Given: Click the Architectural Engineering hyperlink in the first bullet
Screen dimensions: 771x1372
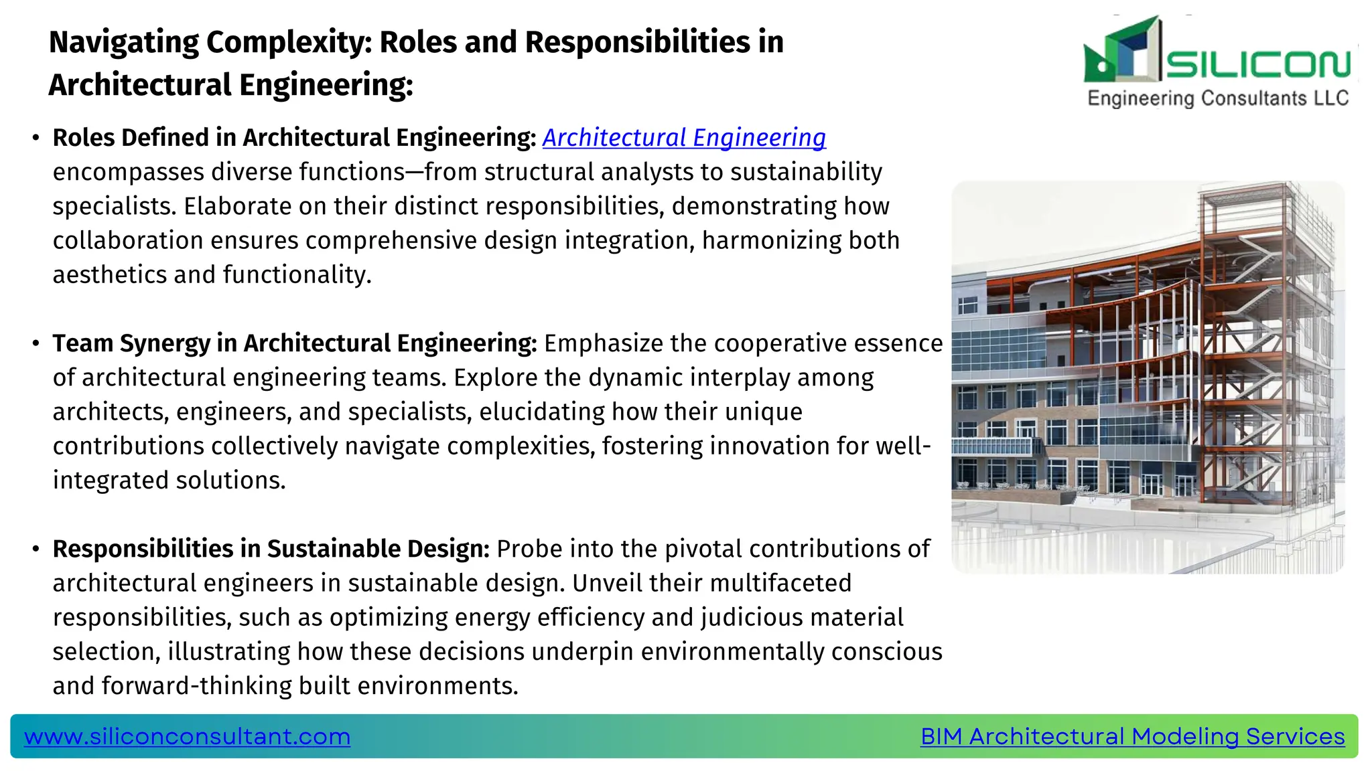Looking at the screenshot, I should [x=684, y=138].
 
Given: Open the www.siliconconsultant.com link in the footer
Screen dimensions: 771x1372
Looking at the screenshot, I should [x=187, y=736].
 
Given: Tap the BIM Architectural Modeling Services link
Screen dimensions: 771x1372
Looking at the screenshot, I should [x=1132, y=736].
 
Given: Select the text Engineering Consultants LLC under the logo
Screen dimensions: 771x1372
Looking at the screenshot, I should [x=1217, y=98].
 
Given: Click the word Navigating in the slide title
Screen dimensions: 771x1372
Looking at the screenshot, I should [x=123, y=43].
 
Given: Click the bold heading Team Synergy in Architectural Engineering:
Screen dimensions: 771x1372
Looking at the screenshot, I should [x=295, y=343].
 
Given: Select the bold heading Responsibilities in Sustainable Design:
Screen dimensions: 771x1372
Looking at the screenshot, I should [x=271, y=549].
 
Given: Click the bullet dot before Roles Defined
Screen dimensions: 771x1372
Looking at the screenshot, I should [x=36, y=139].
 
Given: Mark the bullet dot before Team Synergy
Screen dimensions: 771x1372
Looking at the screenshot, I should [x=36, y=344].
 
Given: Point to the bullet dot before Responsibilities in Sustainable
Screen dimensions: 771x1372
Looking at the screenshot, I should [x=36, y=549].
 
